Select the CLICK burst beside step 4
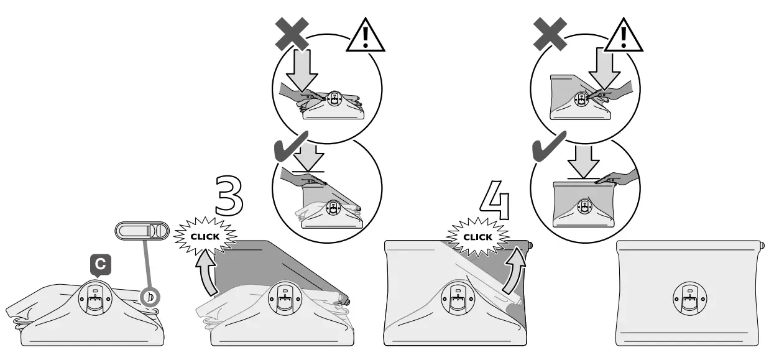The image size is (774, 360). [477, 237]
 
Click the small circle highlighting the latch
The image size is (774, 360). [150, 297]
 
